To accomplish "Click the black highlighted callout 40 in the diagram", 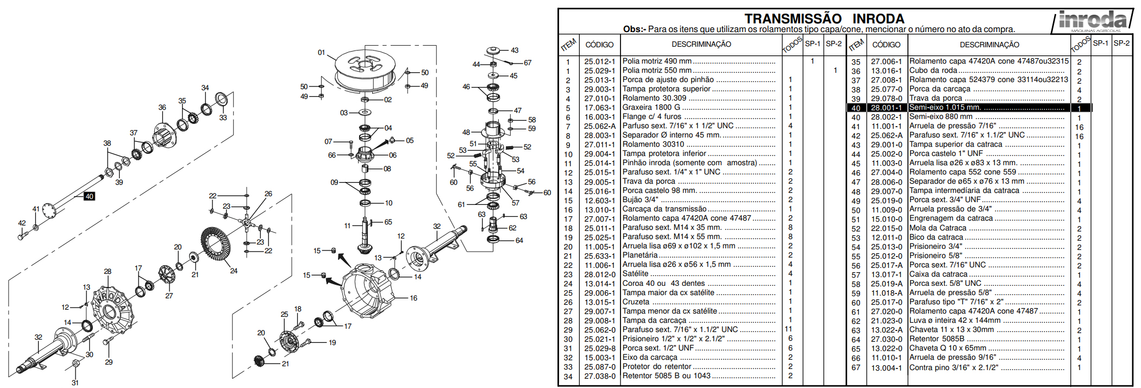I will tap(89, 196).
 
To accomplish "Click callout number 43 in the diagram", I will tap(515, 50).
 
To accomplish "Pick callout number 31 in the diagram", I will tap(75, 383).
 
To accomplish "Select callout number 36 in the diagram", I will tap(162, 107).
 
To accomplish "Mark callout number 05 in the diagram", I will tap(410, 140).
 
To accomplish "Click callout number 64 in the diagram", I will tap(519, 240).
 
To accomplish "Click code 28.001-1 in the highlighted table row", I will tap(886, 108).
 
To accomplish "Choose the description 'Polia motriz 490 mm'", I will tap(657, 61).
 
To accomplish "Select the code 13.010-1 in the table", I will tap(600, 210).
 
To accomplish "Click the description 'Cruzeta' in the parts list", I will tap(636, 302).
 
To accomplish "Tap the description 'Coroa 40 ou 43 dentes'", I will tap(663, 284).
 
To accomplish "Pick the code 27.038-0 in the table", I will tap(600, 376).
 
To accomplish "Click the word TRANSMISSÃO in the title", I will tap(793, 19).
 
